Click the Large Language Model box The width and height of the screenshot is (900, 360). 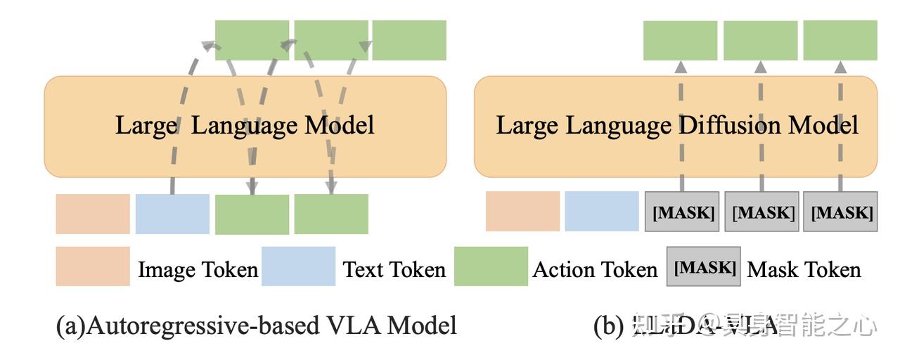pyautogui.click(x=245, y=127)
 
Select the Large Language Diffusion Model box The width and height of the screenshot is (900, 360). pyautogui.click(x=676, y=127)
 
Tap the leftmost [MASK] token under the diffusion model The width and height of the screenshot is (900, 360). pyautogui.click(x=682, y=212)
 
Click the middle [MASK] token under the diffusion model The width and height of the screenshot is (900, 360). pyautogui.click(x=761, y=212)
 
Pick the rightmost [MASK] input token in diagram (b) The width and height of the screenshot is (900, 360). pyautogui.click(x=841, y=212)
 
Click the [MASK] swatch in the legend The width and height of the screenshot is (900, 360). pyautogui.click(x=703, y=266)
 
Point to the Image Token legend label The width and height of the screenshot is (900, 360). pyautogui.click(x=198, y=269)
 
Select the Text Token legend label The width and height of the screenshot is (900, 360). pyautogui.click(x=394, y=269)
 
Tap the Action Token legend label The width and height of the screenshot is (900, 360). pyautogui.click(x=595, y=269)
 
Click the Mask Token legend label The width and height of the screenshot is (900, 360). pyautogui.click(x=804, y=269)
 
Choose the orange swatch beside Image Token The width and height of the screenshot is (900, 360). pyautogui.click(x=93, y=266)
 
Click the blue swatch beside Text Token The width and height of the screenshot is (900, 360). pyautogui.click(x=298, y=266)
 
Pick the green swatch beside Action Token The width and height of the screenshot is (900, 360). pyautogui.click(x=491, y=266)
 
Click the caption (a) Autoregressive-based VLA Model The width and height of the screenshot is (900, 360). pyautogui.click(x=257, y=326)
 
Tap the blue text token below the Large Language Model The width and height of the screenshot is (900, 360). pyautogui.click(x=172, y=214)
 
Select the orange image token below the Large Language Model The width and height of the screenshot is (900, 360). pyautogui.click(x=93, y=214)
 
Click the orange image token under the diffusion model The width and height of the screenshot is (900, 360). pyautogui.click(x=522, y=212)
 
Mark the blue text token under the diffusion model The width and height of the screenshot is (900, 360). pyautogui.click(x=602, y=212)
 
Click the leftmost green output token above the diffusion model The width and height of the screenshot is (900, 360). pyautogui.click(x=680, y=40)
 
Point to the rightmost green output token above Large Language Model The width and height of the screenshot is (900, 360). pyautogui.click(x=409, y=40)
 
